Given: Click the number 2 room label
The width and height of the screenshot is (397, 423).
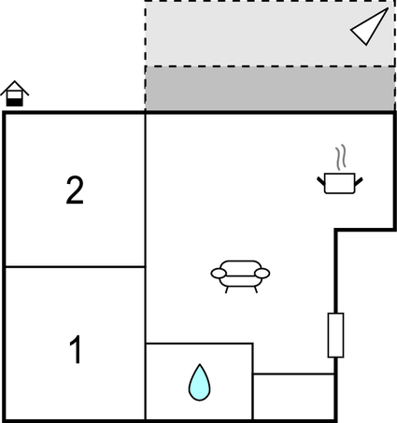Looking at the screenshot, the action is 75,190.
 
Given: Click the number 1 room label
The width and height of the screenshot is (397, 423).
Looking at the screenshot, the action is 76,349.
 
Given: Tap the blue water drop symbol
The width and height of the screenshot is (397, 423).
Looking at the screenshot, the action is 199,382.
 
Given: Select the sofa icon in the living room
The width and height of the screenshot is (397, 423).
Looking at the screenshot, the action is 240,276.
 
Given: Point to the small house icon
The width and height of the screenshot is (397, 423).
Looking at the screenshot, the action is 15,93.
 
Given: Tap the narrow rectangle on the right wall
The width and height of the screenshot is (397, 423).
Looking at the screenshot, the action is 335,335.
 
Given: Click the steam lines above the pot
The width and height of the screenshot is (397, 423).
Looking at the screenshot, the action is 341,157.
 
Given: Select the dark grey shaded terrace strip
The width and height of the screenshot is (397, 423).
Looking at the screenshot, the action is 270,89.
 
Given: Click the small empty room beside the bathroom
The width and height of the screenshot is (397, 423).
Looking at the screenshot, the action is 293,396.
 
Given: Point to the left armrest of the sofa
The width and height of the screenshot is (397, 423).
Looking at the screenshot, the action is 219,274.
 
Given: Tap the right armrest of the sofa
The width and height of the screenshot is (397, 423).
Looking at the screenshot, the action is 262,274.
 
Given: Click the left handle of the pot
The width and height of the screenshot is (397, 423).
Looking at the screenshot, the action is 320,181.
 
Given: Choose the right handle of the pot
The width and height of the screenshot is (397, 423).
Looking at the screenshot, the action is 359,181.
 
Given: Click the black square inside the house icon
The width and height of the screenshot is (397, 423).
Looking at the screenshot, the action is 15,102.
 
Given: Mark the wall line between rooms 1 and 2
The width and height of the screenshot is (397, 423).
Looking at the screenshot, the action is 76,267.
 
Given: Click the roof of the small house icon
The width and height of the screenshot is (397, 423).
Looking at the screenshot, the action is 15,88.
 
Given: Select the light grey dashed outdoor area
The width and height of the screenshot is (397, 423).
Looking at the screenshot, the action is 270,34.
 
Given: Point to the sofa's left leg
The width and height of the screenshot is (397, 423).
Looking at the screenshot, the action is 227,289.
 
